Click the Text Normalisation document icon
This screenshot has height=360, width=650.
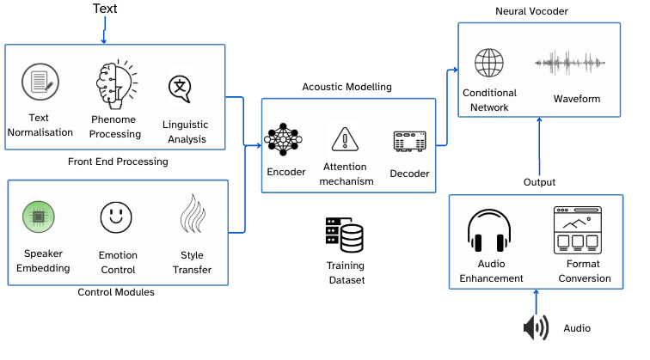point(39,82)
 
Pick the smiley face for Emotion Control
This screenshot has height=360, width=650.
point(116,217)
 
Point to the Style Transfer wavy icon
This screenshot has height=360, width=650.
point(191,215)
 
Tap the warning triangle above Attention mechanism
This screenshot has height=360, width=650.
point(346,138)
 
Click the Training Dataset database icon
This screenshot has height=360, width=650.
point(345,235)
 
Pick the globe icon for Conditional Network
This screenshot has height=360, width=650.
point(489,64)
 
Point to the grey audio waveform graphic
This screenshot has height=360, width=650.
point(572,64)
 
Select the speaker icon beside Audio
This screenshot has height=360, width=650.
point(536,327)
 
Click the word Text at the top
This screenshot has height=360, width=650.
point(105,9)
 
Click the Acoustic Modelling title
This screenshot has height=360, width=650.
point(347,87)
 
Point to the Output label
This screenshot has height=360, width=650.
point(539,182)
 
